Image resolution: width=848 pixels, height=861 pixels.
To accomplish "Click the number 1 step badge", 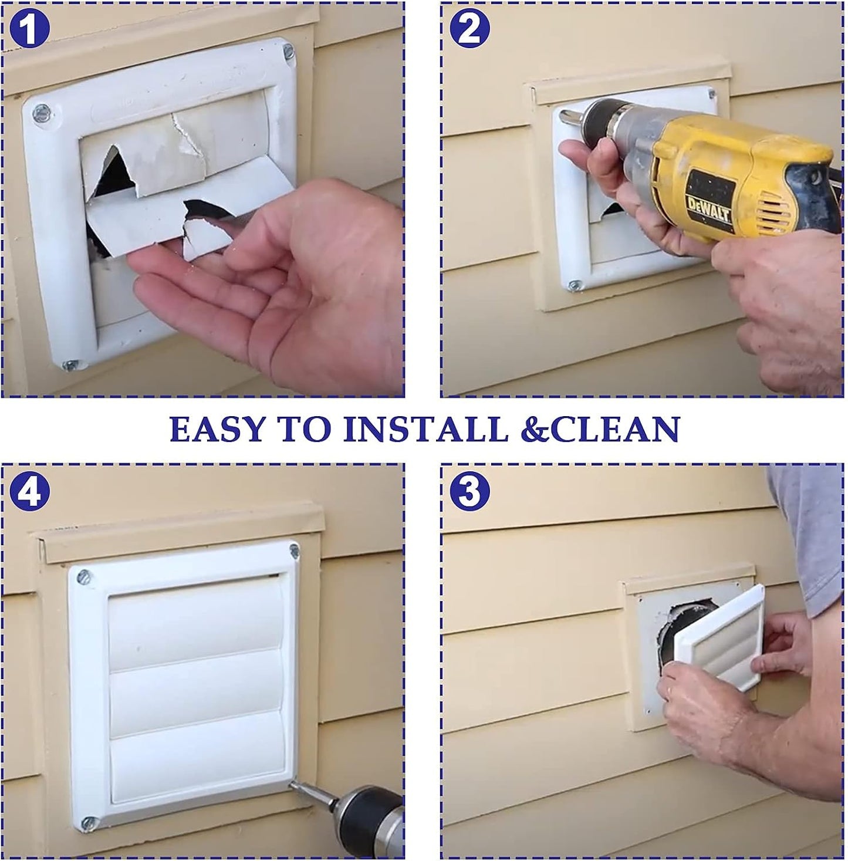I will [x=29, y=29].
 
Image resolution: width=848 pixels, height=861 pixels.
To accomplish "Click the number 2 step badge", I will [x=469, y=29].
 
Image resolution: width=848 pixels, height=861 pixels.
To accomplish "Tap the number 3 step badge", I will [x=469, y=492].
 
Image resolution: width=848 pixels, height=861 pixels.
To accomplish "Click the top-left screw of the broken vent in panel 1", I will [x=41, y=111].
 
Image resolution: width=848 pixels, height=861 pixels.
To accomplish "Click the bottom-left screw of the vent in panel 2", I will [x=574, y=285].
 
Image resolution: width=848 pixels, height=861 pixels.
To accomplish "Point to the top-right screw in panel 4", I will [x=293, y=551].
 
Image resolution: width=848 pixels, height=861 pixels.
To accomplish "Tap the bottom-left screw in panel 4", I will [x=89, y=823].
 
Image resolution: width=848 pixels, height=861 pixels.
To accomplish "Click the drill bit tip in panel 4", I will [x=294, y=784].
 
